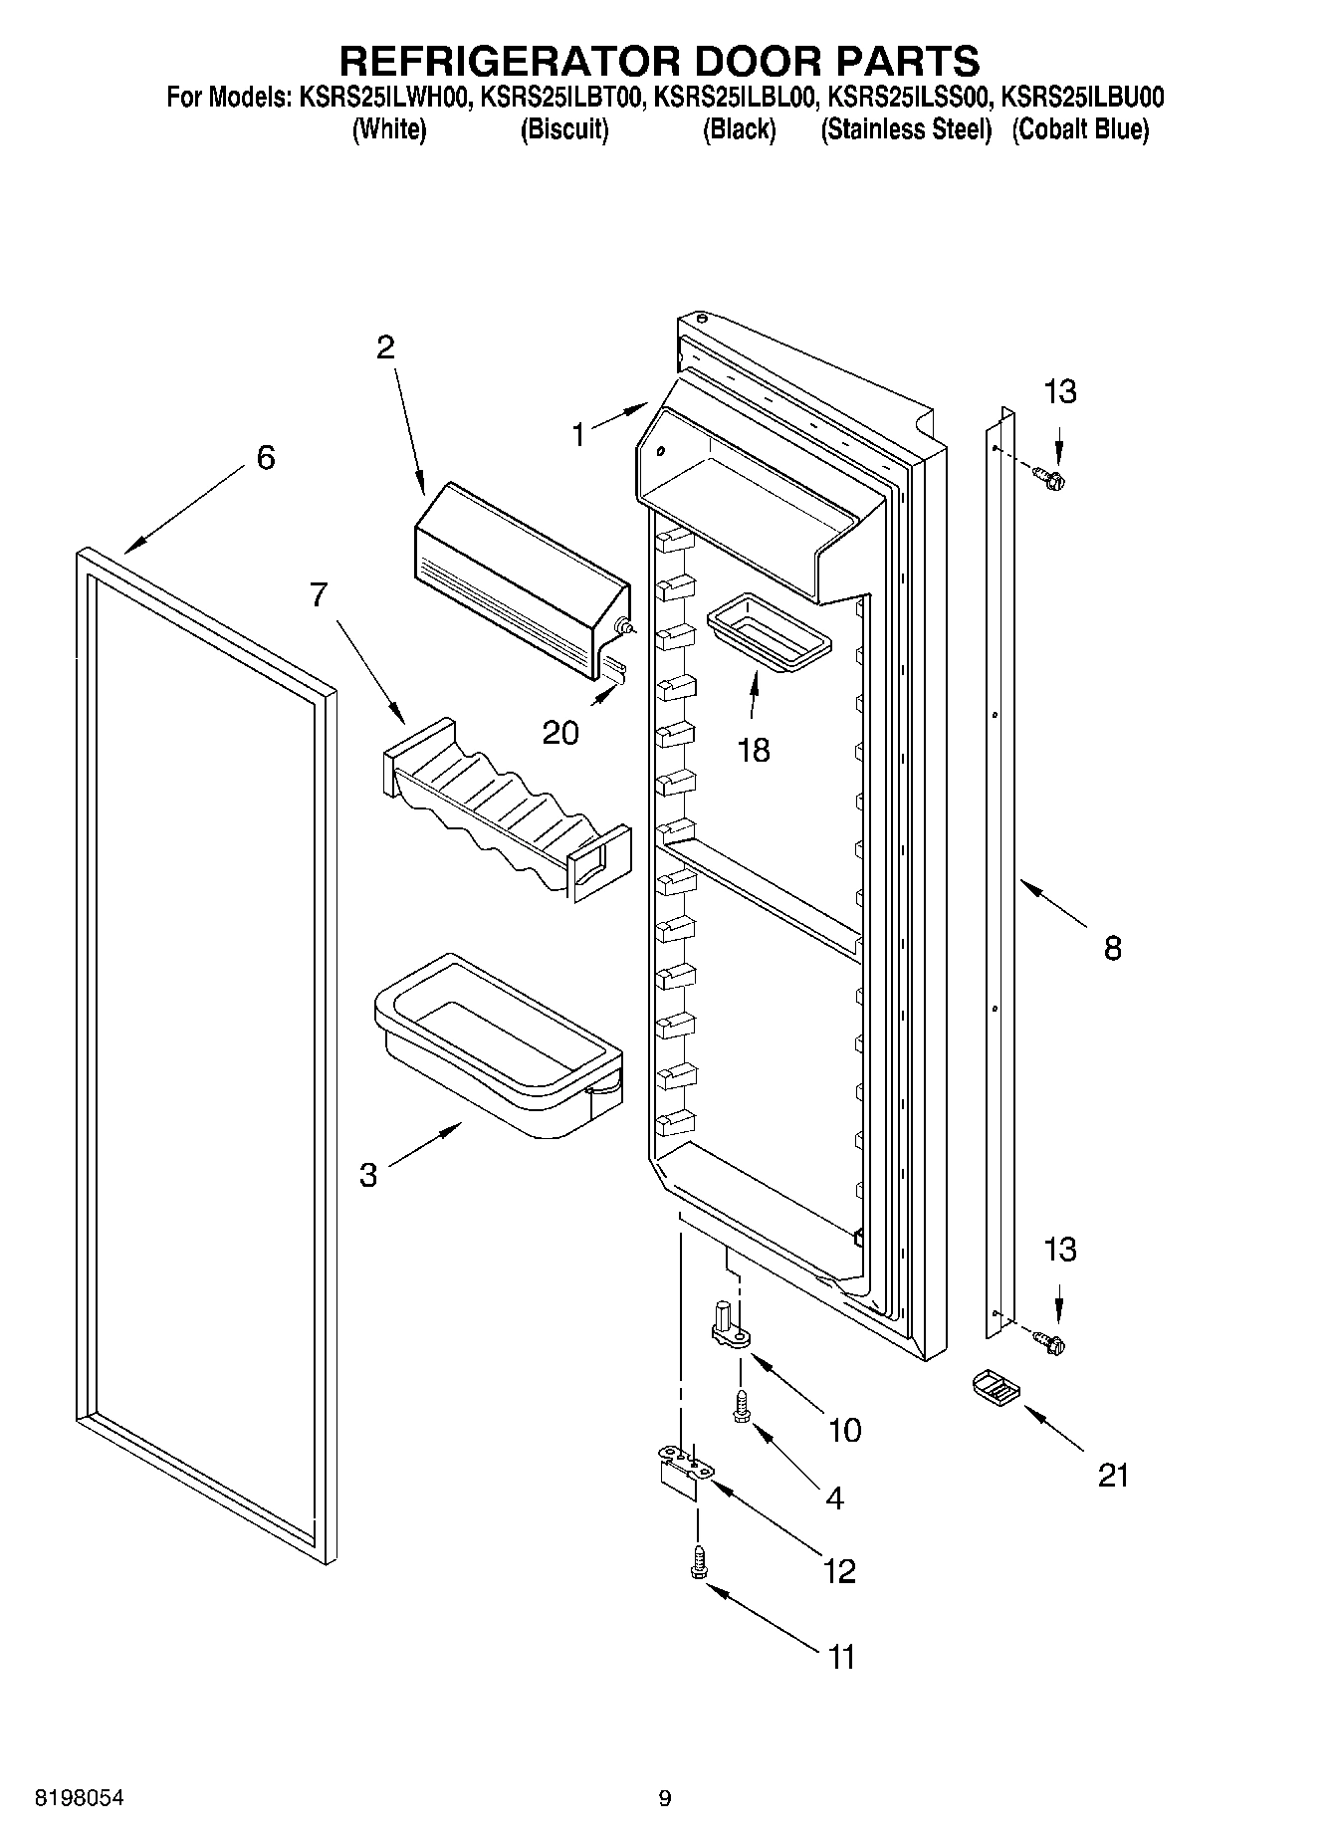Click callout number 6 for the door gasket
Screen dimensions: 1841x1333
[265, 458]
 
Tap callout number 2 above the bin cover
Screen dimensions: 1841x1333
[384, 347]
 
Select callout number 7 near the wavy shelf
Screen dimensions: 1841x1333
[318, 595]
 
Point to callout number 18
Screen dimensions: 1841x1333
[754, 750]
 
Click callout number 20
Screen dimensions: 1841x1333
[560, 734]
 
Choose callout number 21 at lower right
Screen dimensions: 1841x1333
[1113, 1475]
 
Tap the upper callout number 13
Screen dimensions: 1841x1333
[1060, 392]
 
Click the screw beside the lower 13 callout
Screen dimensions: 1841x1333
[1049, 1344]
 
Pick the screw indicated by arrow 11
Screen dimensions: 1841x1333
[698, 1561]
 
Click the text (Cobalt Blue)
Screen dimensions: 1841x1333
[1080, 130]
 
